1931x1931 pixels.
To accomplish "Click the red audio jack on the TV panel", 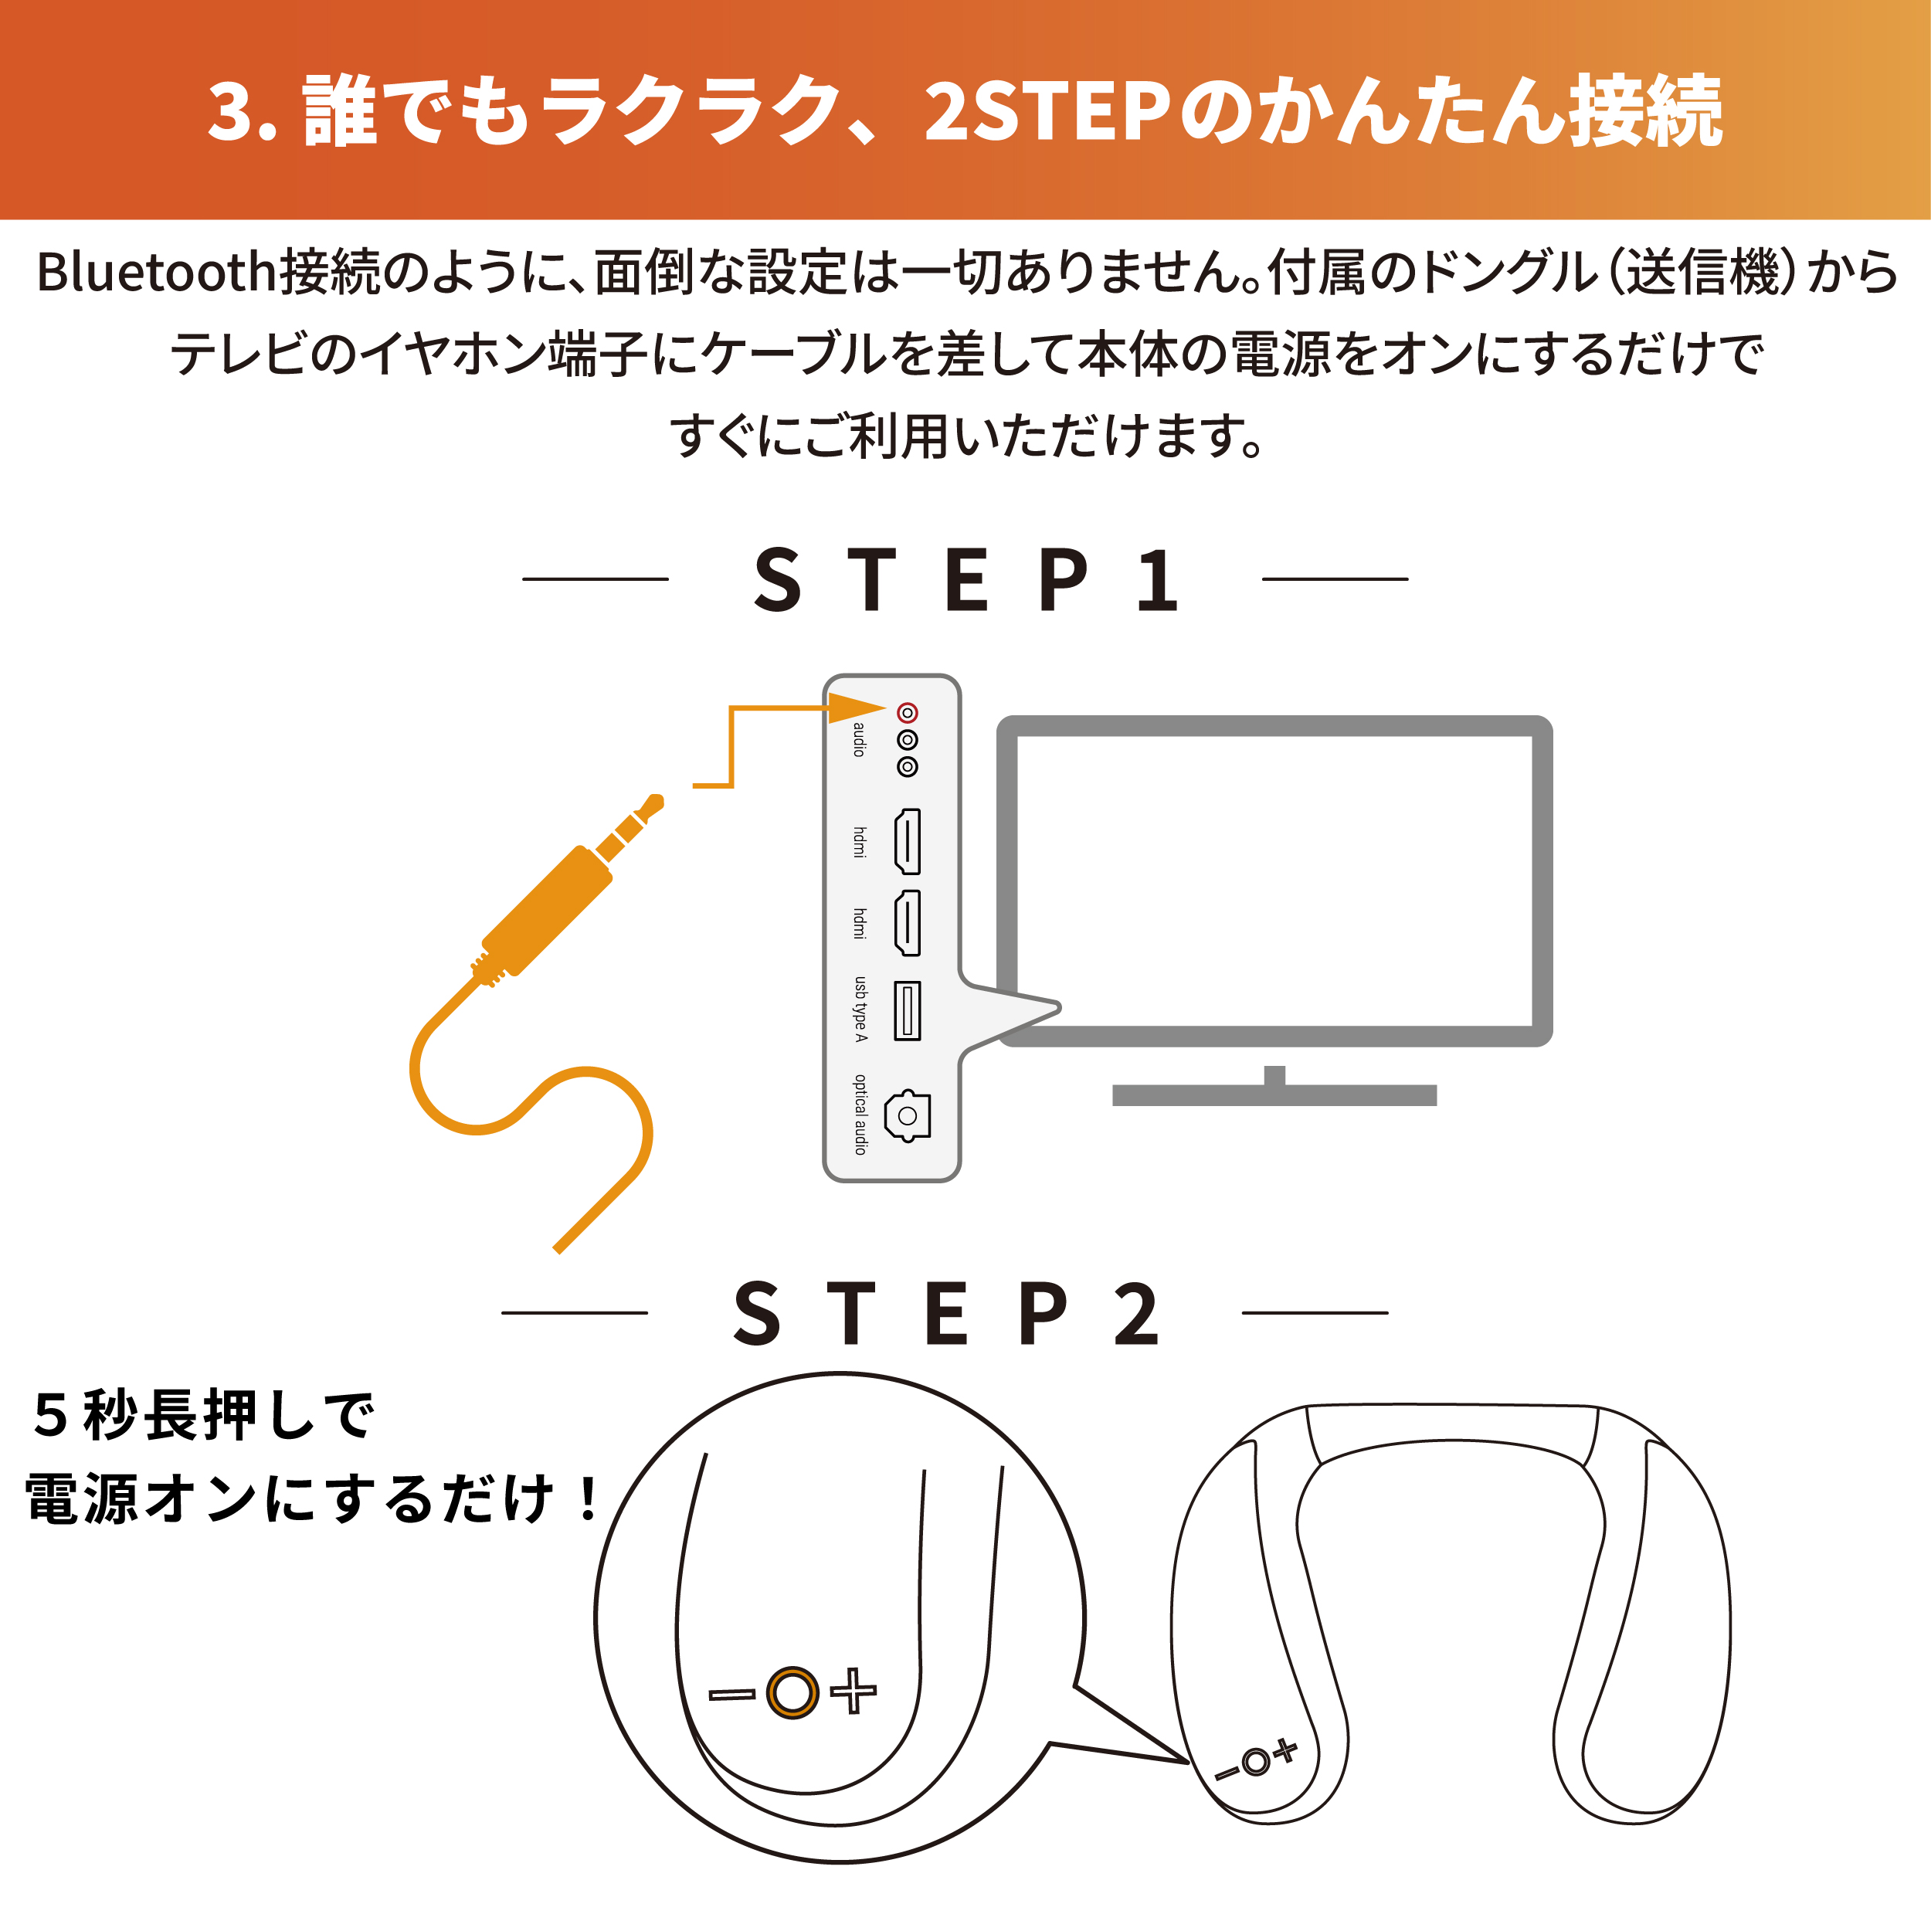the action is pyautogui.click(x=907, y=713).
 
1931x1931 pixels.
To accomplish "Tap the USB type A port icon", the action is pyautogui.click(x=907, y=1010).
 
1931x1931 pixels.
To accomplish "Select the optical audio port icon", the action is pyautogui.click(x=908, y=1115).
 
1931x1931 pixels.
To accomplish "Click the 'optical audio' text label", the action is pyautogui.click(x=860, y=1115).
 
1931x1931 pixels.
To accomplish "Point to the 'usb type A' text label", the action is pyautogui.click(x=860, y=1010).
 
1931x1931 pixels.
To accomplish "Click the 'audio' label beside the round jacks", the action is pyautogui.click(x=860, y=740).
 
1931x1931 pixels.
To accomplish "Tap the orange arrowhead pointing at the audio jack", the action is pyautogui.click(x=857, y=708).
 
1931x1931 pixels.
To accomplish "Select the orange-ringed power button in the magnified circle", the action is pyautogui.click(x=792, y=1692).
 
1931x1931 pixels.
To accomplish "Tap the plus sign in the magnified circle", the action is pyautogui.click(x=853, y=1691).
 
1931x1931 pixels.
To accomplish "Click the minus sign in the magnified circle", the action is pyautogui.click(x=732, y=1694).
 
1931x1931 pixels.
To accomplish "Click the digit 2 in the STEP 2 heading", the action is pyautogui.click(x=1136, y=1312).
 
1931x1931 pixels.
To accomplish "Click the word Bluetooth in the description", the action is pyautogui.click(x=157, y=272).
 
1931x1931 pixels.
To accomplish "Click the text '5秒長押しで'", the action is pyautogui.click(x=204, y=1417).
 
